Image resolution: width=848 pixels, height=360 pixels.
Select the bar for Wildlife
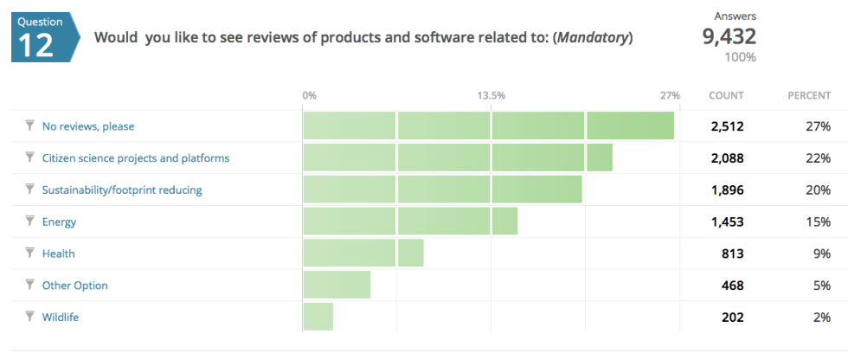click(x=318, y=317)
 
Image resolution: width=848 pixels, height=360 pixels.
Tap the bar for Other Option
click(x=337, y=285)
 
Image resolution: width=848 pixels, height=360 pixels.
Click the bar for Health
click(x=363, y=254)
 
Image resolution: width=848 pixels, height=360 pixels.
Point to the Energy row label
click(x=59, y=222)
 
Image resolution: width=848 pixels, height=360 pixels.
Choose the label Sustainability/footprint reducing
click(x=122, y=190)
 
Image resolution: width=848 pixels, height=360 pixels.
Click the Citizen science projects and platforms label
click(x=136, y=158)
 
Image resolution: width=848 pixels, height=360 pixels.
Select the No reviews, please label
click(x=88, y=126)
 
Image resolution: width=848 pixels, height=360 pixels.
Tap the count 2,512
click(x=727, y=126)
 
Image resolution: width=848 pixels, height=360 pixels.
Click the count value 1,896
click(x=727, y=190)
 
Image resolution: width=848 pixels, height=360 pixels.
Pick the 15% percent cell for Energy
click(x=819, y=222)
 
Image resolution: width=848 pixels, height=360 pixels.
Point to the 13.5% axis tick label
click(x=491, y=95)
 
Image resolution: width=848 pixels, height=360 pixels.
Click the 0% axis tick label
click(x=309, y=95)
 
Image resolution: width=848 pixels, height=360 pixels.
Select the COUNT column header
click(x=726, y=95)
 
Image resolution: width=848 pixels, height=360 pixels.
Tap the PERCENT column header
click(x=809, y=95)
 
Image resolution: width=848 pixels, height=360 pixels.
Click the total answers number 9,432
click(x=729, y=36)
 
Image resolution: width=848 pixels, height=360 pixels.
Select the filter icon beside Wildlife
click(x=29, y=317)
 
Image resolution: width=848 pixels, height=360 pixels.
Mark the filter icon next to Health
click(x=29, y=254)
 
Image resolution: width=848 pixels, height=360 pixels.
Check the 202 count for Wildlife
click(x=732, y=317)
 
